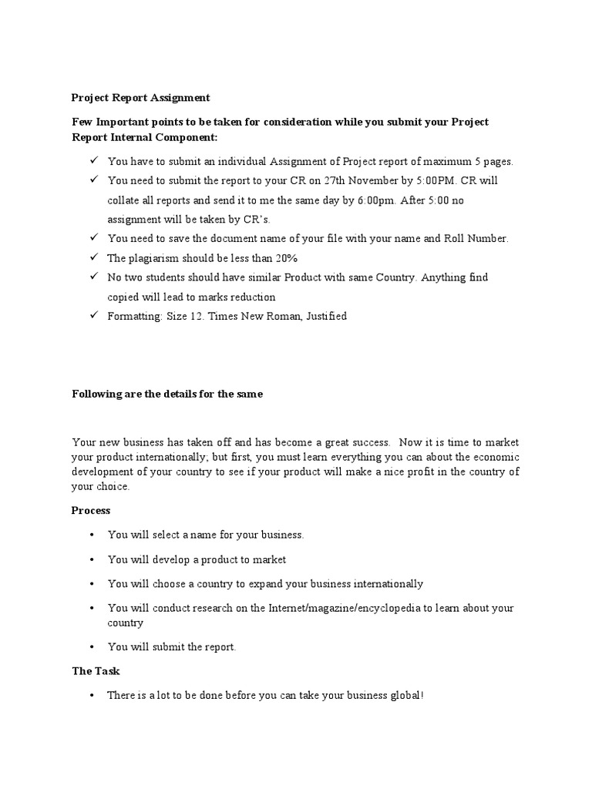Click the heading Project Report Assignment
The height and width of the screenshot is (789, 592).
[140, 98]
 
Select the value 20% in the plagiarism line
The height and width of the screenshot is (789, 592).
[287, 258]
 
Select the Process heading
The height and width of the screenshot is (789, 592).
[91, 510]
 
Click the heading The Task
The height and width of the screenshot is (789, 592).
[96, 671]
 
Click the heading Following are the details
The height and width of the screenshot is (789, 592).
[167, 394]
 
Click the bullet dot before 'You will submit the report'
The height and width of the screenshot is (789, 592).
[91, 647]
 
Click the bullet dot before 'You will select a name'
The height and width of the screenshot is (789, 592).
[91, 535]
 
